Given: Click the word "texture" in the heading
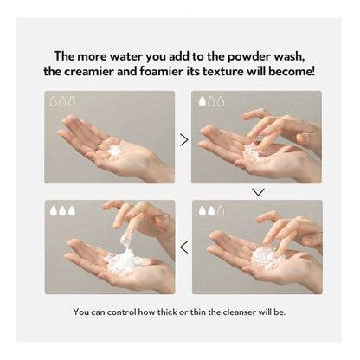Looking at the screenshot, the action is click(x=222, y=72).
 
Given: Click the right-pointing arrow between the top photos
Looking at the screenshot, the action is click(x=183, y=140).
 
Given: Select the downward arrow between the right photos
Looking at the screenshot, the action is click(x=258, y=192).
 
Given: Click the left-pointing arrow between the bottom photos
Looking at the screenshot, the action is click(x=183, y=247).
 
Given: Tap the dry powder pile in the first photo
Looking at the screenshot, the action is click(x=115, y=151).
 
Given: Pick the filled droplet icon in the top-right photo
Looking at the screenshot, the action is click(x=202, y=101).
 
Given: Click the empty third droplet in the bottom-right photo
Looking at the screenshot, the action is click(x=221, y=210).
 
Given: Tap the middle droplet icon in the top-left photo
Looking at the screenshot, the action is click(x=62, y=101).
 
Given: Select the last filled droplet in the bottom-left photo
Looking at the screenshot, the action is click(x=72, y=210).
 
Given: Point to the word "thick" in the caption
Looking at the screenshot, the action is click(x=167, y=312).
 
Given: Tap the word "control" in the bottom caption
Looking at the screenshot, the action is click(x=121, y=312).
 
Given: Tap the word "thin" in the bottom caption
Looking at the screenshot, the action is click(x=198, y=312).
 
